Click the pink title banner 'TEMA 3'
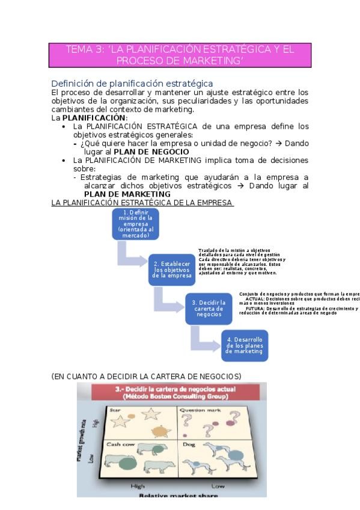click(180, 55)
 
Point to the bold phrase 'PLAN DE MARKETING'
click(127, 194)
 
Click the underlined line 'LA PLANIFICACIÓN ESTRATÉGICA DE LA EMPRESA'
click(142, 203)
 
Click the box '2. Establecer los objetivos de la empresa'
click(172, 269)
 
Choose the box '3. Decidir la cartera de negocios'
click(209, 308)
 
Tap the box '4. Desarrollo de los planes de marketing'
click(245, 345)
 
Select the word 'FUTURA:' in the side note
click(267, 309)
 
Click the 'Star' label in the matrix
click(114, 410)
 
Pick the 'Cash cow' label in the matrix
click(119, 444)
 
